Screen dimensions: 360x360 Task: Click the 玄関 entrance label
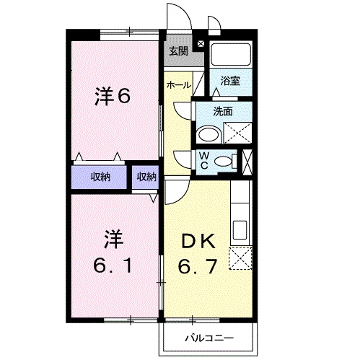(x=178, y=51)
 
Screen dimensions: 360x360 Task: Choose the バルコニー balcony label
(x=208, y=337)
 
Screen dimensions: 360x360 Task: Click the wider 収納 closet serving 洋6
(x=100, y=177)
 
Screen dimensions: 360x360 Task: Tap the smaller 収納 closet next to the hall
(x=146, y=177)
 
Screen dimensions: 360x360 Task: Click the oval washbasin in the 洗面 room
(x=209, y=134)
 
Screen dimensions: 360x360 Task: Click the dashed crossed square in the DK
(x=240, y=257)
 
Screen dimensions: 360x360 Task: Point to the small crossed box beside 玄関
(x=200, y=45)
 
